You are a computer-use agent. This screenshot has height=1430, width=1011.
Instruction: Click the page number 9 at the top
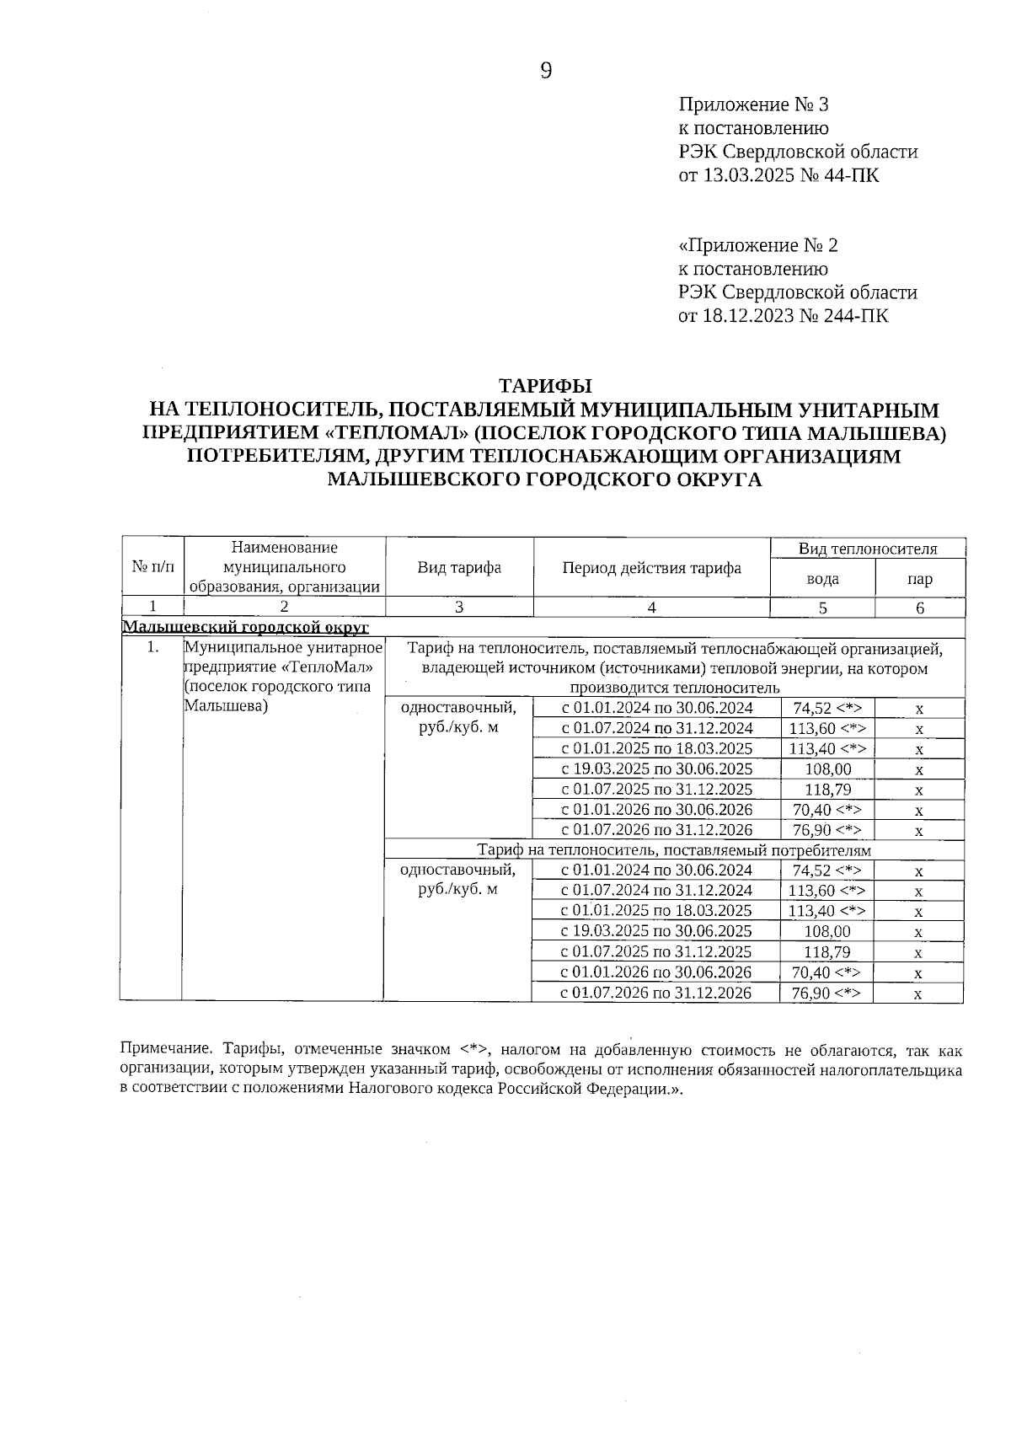click(545, 72)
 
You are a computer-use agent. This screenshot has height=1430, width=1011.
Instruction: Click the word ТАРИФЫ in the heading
click(545, 386)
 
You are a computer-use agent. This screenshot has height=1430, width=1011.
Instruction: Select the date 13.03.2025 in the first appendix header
click(746, 175)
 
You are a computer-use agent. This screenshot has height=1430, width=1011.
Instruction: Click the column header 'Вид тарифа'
click(459, 567)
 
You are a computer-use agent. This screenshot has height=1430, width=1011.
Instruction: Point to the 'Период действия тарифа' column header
click(651, 567)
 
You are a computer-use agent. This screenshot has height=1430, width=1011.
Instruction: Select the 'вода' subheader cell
click(822, 579)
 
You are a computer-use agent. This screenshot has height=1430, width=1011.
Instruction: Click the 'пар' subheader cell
click(920, 579)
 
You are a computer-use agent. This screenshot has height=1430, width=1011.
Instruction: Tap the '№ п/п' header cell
click(152, 567)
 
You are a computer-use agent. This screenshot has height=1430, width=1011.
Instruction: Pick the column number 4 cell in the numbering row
click(651, 608)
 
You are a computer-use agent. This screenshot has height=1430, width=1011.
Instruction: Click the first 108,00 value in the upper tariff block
click(829, 769)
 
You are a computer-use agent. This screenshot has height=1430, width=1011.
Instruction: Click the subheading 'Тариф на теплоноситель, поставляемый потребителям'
click(674, 850)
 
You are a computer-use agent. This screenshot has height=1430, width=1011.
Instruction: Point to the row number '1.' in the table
click(152, 648)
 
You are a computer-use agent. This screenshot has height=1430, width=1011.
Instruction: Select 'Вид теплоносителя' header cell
click(868, 549)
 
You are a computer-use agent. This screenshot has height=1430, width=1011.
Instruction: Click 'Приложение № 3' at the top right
click(753, 104)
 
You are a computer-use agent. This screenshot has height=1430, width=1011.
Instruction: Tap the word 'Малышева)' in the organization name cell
click(226, 706)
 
